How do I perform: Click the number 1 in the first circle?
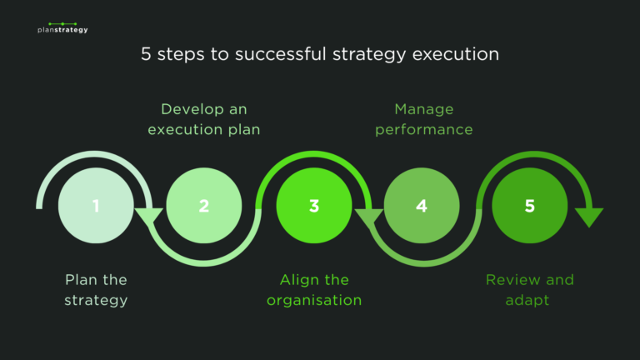(96, 206)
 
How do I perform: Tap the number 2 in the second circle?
(204, 206)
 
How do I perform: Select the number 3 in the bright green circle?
(313, 206)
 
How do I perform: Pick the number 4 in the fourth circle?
(422, 206)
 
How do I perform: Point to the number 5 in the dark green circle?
(530, 206)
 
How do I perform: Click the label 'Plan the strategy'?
(96, 289)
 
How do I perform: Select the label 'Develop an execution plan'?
(204, 119)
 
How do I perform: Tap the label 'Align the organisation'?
(314, 289)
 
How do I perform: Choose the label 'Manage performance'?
(423, 119)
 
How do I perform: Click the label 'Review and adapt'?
(530, 289)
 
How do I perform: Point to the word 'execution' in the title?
(450, 56)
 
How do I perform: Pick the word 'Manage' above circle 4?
(423, 109)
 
